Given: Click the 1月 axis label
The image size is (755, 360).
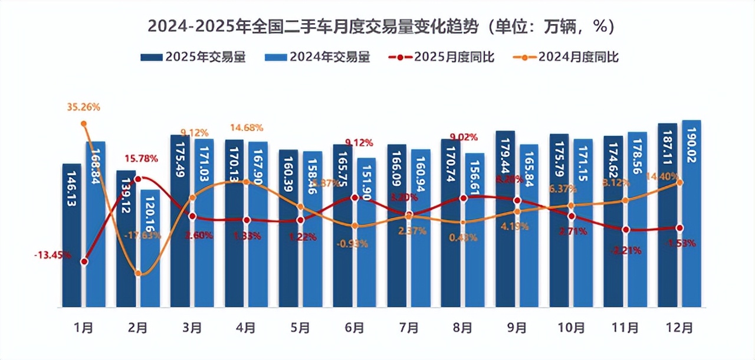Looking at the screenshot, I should tap(84, 328).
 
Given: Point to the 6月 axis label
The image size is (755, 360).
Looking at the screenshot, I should tap(354, 328).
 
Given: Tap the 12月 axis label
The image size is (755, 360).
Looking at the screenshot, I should tap(679, 328).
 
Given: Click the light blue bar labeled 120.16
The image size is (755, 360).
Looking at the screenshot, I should tap(149, 248).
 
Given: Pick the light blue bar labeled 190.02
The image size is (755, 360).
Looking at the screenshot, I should tap(691, 213).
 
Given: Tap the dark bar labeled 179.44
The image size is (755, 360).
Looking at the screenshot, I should tap(505, 219).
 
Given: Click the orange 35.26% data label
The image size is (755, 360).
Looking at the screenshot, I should tap(83, 107).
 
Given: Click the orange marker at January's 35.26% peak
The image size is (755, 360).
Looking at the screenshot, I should tap(84, 123).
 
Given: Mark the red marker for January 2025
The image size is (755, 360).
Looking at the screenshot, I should tap(84, 261).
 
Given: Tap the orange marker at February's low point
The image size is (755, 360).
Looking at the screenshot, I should tap(138, 273).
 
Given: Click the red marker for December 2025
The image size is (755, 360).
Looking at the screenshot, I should tap(679, 228).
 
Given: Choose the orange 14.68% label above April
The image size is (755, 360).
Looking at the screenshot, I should tap(247, 127).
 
